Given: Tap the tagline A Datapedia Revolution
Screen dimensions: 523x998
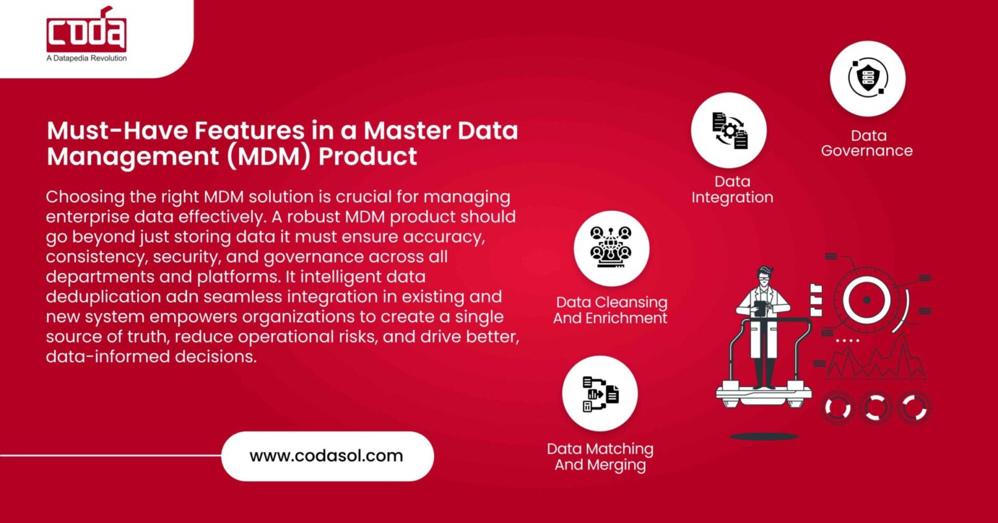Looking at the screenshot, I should [x=86, y=58].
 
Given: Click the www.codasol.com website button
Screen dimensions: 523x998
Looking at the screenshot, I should [x=327, y=456].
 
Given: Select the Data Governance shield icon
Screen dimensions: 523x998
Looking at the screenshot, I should [x=867, y=78].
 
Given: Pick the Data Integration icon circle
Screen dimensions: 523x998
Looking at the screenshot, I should [x=728, y=130].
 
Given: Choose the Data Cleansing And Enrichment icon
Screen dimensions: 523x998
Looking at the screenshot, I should [x=611, y=248].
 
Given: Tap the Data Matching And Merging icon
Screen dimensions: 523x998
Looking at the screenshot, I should [x=600, y=394].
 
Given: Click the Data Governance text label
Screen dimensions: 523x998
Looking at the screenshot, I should [x=867, y=143].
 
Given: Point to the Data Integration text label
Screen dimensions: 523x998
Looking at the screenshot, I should [x=732, y=189].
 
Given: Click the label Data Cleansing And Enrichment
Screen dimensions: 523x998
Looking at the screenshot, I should [x=611, y=310].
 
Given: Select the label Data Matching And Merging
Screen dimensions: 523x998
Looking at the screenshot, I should [x=600, y=457].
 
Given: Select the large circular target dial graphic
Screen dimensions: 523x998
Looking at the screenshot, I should [x=865, y=299].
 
